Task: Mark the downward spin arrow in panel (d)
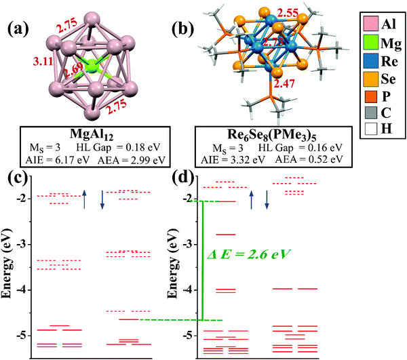tap(267, 199)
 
